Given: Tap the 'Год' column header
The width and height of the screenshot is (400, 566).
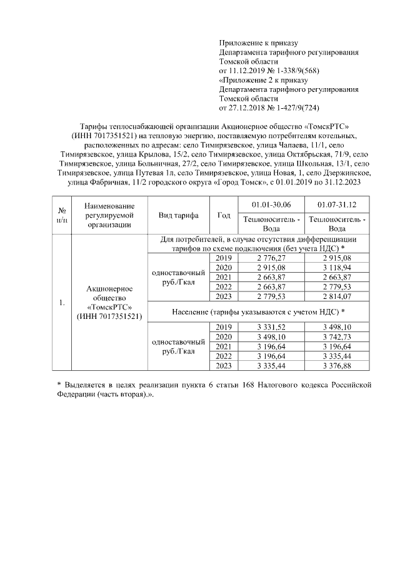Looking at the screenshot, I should [224, 215].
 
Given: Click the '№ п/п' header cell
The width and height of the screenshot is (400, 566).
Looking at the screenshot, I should [62, 215].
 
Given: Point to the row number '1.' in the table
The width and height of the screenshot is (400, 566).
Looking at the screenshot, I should [62, 303].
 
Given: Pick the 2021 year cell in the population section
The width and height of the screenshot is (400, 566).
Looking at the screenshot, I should [224, 346].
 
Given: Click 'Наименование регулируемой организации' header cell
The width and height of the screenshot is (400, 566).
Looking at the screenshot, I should [109, 215].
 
